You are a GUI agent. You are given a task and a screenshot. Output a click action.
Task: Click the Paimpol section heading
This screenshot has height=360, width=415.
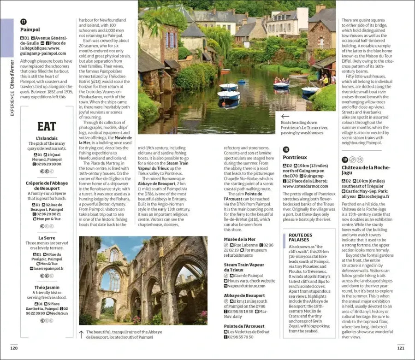pos(30,30)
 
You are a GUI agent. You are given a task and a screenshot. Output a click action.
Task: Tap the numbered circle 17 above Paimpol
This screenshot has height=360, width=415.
pos(24,21)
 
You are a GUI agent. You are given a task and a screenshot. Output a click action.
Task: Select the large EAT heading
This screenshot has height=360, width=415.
pos(47,126)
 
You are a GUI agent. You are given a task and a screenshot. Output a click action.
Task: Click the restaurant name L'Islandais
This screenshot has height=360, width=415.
pos(47,138)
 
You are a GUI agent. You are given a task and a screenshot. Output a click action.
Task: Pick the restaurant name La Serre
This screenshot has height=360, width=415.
pos(47,238)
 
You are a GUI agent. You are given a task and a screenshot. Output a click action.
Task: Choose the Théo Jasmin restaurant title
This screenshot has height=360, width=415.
pos(47,287)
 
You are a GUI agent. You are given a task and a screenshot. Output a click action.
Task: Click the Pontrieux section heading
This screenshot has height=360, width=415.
pos(295,157)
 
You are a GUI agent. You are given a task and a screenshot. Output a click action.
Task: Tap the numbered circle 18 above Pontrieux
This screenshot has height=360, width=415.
pos(286,149)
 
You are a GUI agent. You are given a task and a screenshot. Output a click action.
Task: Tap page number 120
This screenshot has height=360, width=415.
pos(14,348)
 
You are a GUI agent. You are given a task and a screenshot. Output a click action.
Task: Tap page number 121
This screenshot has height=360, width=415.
pos(400,348)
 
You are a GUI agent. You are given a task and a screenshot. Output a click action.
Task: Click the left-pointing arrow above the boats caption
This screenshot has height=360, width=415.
pos(285,117)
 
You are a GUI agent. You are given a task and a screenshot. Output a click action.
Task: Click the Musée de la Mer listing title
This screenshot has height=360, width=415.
pos(239,239)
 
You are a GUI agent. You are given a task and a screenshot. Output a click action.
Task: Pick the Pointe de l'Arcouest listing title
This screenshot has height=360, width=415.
pos(245,325)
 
